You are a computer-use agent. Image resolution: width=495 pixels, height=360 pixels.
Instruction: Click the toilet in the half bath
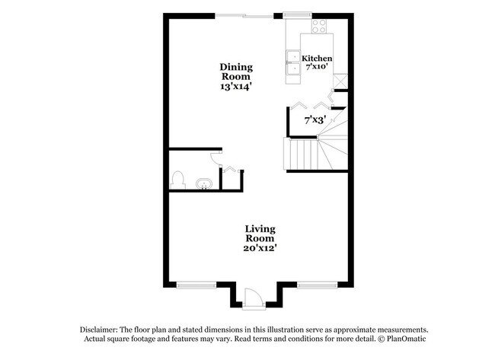pos(179,180)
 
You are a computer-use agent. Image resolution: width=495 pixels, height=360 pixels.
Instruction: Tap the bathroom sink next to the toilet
pos(203,183)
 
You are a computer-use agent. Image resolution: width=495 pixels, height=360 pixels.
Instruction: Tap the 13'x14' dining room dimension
pos(237,87)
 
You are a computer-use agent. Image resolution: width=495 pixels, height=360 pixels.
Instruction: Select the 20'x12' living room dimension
pos(260,247)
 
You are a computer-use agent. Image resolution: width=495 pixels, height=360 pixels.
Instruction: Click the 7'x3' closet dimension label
pos(315,119)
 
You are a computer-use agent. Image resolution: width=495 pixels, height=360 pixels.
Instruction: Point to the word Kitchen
pos(317,59)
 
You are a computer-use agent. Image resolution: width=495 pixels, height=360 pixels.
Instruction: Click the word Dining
pos(237,67)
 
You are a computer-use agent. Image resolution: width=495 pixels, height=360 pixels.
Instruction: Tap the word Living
pos(260,228)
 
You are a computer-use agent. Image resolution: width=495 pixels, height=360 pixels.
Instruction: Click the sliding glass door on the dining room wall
pos(244,16)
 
